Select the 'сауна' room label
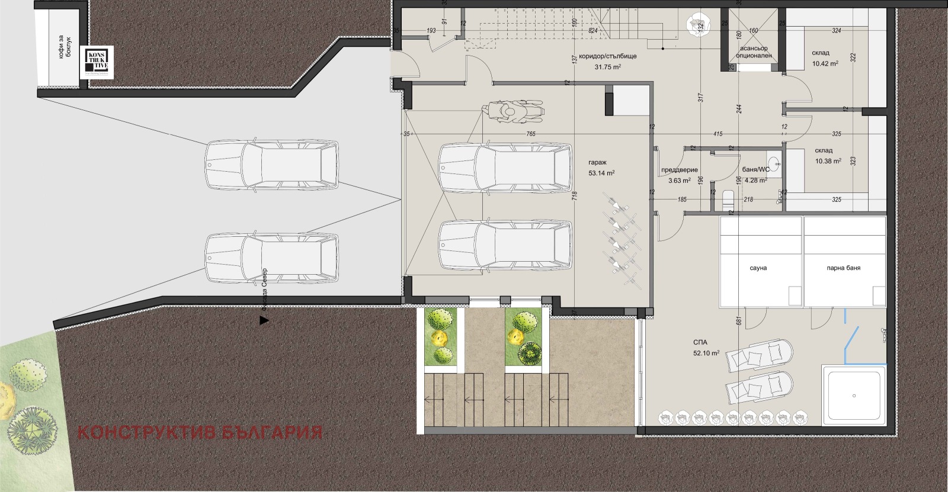(x=758, y=268)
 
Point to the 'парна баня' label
(x=844, y=268)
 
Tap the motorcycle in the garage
(x=512, y=111)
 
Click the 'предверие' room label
(x=679, y=170)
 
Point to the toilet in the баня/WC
(x=729, y=198)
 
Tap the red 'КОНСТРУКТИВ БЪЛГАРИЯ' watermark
(x=200, y=432)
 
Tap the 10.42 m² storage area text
(x=825, y=63)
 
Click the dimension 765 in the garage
(x=530, y=134)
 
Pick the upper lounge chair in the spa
(x=761, y=354)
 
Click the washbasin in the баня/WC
(x=774, y=163)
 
